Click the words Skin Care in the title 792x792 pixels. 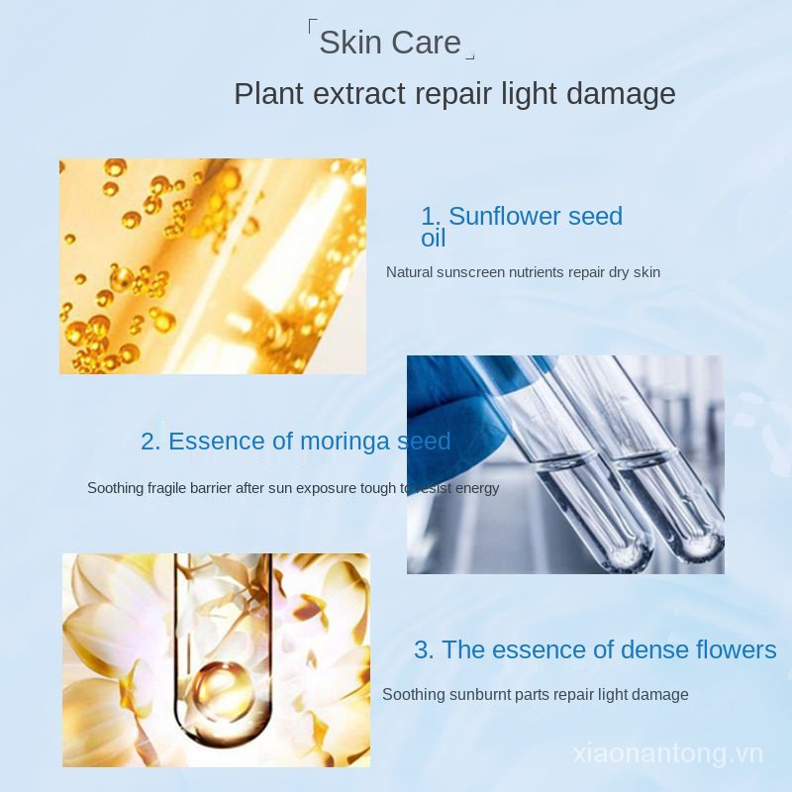[390, 43]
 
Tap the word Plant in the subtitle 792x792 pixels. [267, 94]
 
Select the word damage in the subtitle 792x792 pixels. [622, 94]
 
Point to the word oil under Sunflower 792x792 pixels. [433, 239]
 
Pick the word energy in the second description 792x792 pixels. [477, 488]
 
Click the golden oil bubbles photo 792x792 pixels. [212, 265]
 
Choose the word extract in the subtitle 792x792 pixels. [360, 94]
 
